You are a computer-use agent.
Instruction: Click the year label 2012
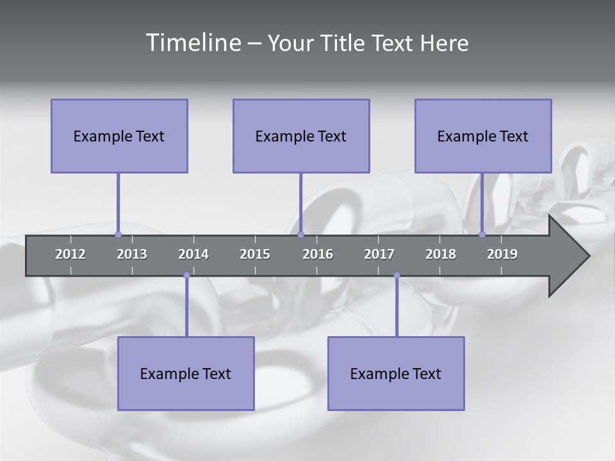pos(70,254)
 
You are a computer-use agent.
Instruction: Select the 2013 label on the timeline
pos(132,254)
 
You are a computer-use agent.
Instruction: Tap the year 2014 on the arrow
pos(193,254)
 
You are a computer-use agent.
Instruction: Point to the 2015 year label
pos(255,254)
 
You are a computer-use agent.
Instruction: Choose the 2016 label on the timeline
pos(318,254)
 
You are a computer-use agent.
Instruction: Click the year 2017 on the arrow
pos(379,254)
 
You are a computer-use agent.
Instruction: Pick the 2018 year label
pos(441,254)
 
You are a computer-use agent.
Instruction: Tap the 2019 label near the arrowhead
pos(502,254)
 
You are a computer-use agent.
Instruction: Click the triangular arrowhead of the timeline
pos(568,256)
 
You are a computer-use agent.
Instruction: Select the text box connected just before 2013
pos(119,136)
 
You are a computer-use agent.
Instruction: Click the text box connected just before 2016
pos(301,136)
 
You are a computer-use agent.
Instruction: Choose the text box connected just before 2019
pos(483,136)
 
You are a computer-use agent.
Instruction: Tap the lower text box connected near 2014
pos(186,373)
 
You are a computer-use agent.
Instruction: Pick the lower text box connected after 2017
pos(396,373)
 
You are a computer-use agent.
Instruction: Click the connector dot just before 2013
pos(118,234)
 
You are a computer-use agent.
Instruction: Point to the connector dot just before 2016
pos(300,234)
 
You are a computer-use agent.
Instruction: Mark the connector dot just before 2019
pos(482,234)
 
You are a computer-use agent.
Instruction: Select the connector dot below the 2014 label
pos(186,275)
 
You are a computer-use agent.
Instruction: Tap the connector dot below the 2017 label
pos(397,275)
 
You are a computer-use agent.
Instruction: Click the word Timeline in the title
pos(192,43)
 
